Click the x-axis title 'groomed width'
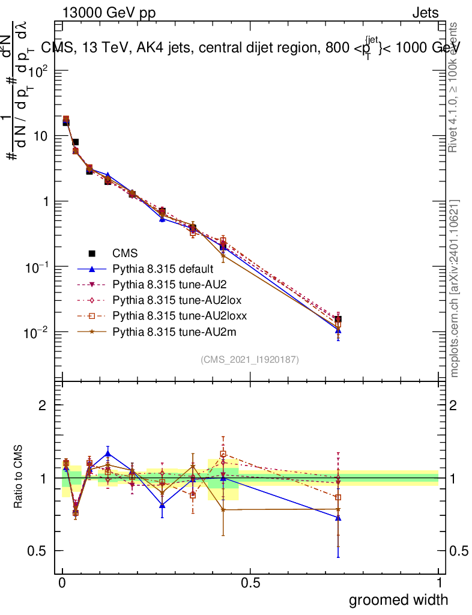click(398, 599)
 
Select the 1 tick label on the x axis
click(439, 583)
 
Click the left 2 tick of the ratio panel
click(43, 405)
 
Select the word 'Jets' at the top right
click(425, 13)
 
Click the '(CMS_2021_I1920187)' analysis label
click(250, 359)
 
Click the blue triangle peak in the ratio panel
click(107, 453)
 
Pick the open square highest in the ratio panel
click(223, 454)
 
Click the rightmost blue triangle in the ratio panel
click(339, 517)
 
